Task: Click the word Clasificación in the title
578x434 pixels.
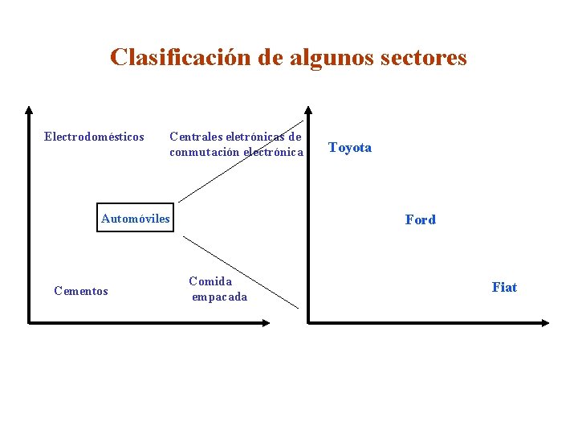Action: pyautogui.click(x=182, y=58)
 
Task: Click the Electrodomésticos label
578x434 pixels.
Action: pyautogui.click(x=94, y=137)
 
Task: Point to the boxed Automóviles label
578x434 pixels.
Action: pyautogui.click(x=135, y=219)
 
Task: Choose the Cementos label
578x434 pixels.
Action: pyautogui.click(x=80, y=291)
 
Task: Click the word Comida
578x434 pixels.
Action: pyautogui.click(x=210, y=281)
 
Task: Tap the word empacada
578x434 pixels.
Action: pyautogui.click(x=219, y=297)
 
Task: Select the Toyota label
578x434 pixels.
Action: pyautogui.click(x=350, y=148)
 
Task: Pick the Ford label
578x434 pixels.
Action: pyautogui.click(x=421, y=219)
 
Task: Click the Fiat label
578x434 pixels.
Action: pyautogui.click(x=504, y=287)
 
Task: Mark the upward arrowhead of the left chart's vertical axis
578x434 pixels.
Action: pyautogui.click(x=29, y=110)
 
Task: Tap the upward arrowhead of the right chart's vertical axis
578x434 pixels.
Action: pyautogui.click(x=309, y=110)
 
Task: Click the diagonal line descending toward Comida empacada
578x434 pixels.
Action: pyautogui.click(x=241, y=272)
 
